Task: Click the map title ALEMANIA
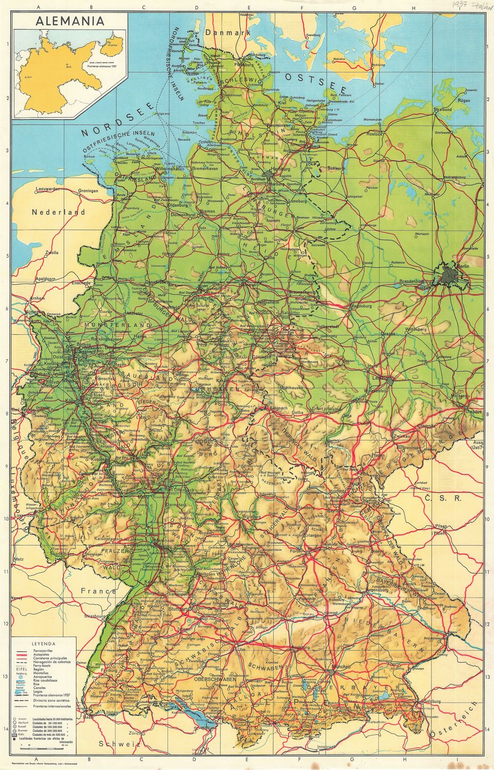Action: [x=69, y=21]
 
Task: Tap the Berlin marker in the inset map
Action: [x=67, y=65]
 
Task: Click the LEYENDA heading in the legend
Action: [x=43, y=643]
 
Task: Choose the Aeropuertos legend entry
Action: [x=43, y=677]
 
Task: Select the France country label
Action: [x=98, y=591]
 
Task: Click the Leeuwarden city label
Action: [x=48, y=189]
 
